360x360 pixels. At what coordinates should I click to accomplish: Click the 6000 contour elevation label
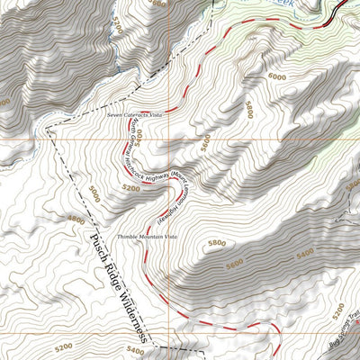pyautogui.click(x=278, y=78)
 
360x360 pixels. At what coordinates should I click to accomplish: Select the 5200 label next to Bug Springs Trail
pyautogui.click(x=337, y=312)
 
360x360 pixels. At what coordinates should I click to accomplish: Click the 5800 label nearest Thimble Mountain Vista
pyautogui.click(x=216, y=243)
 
